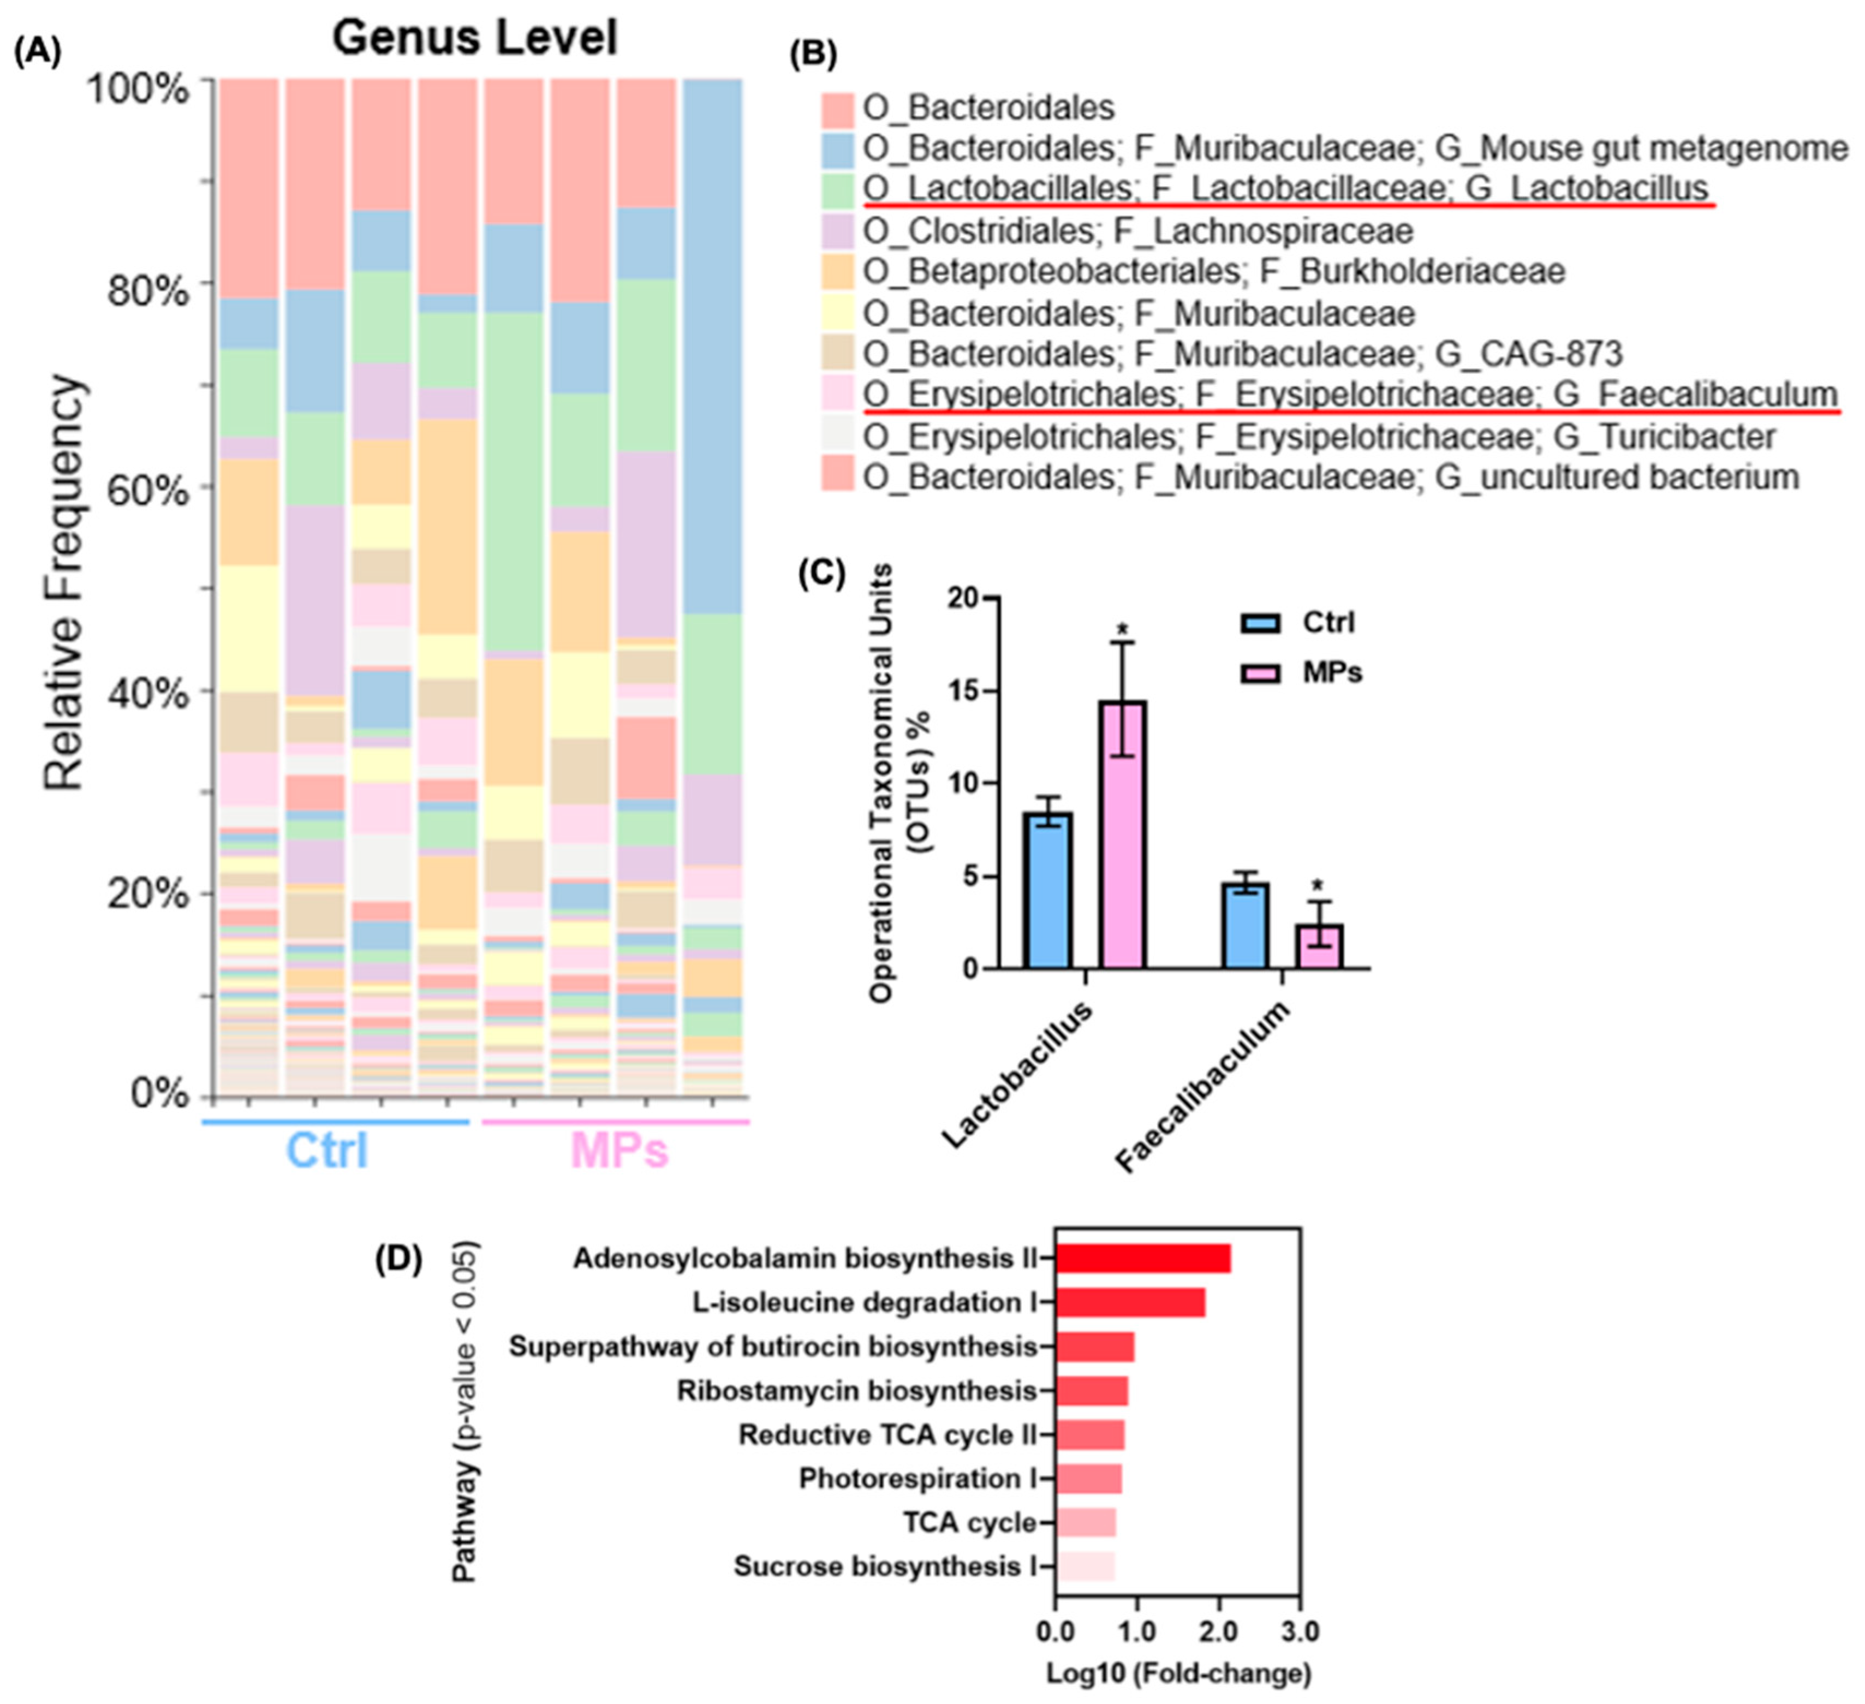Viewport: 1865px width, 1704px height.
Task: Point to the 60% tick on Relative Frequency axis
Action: pos(148,490)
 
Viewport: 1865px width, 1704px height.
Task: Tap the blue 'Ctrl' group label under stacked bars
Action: pos(326,1151)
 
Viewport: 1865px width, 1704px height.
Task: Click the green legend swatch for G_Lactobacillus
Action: pos(837,189)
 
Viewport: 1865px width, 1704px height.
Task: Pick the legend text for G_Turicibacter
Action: pos(1318,437)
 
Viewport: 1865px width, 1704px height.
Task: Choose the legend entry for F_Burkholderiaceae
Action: pos(1214,272)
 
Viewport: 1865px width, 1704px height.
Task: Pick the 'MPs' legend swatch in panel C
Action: pos(1261,672)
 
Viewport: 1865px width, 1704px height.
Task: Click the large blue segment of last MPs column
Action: pos(712,347)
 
